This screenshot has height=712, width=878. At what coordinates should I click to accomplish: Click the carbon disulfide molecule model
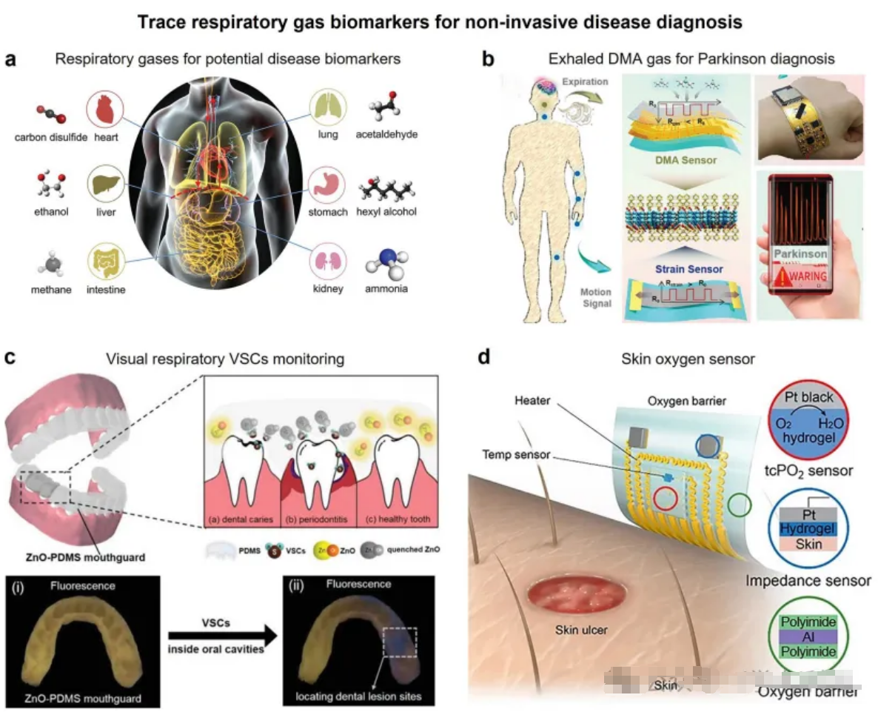pos(51,115)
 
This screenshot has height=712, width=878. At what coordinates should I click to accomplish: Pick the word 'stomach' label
pos(328,212)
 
